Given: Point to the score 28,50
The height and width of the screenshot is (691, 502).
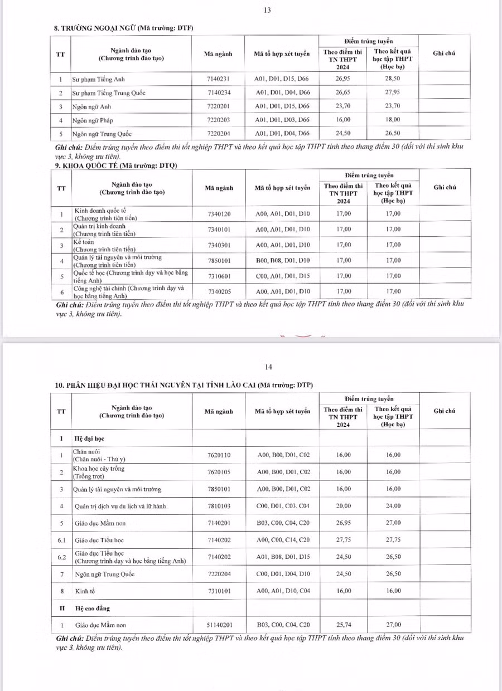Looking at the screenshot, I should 393,79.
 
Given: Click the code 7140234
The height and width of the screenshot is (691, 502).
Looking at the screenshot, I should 218,93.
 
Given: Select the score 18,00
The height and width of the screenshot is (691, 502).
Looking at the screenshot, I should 393,120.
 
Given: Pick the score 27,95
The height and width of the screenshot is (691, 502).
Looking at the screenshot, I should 393,93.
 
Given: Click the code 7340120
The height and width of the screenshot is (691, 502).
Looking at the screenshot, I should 219,214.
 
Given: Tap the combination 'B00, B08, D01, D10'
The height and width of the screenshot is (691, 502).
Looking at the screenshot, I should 283,260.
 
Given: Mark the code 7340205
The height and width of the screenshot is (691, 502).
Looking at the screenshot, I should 219,291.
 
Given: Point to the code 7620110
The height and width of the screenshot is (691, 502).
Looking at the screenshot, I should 219,455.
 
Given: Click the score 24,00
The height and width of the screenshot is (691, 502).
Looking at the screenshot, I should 393,506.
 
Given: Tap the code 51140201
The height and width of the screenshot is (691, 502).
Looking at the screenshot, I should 219,625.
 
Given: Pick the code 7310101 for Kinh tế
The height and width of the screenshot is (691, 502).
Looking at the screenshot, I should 219,591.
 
